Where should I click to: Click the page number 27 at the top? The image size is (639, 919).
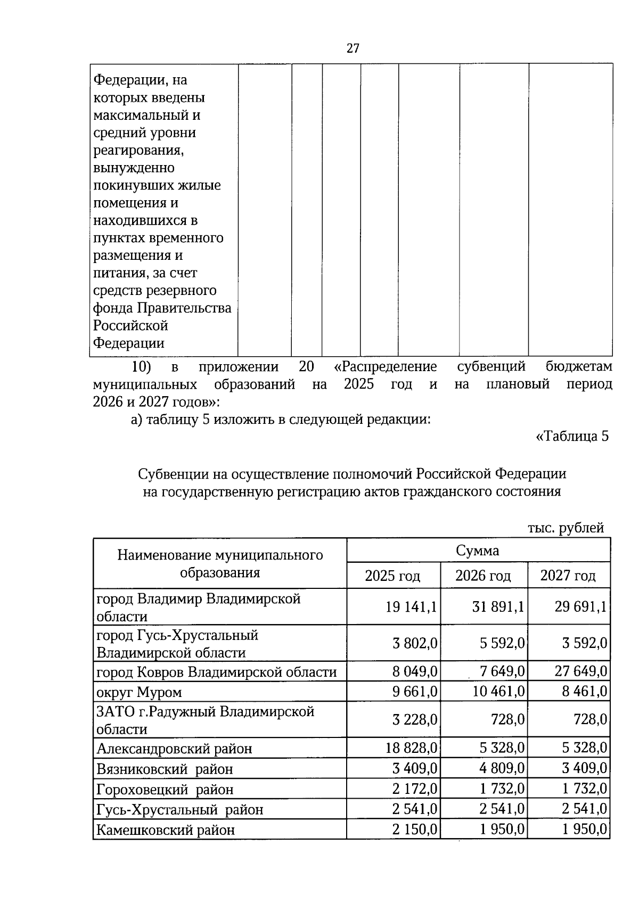coord(353,48)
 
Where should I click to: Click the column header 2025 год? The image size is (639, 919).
coord(392,576)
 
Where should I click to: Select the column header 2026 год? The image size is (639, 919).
coord(483,576)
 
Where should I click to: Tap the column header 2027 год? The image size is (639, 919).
coord(568,576)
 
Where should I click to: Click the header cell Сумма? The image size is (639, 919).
coord(478,551)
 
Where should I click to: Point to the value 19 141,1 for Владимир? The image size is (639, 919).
coord(411,606)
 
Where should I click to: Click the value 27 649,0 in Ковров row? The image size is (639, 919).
coord(581,671)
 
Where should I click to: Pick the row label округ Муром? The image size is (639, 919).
coord(139,692)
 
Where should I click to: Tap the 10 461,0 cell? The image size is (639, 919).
coord(499,691)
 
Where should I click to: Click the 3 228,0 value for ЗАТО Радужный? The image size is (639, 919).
coord(415,719)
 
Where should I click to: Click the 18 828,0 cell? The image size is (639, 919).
coord(411,748)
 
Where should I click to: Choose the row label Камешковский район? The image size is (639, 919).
coord(166,830)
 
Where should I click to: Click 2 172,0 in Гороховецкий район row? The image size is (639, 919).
coord(415,788)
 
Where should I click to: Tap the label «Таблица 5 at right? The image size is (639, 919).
coord(571,437)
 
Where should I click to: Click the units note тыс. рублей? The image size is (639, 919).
coord(566,528)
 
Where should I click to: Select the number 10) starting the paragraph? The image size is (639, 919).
coord(142,367)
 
